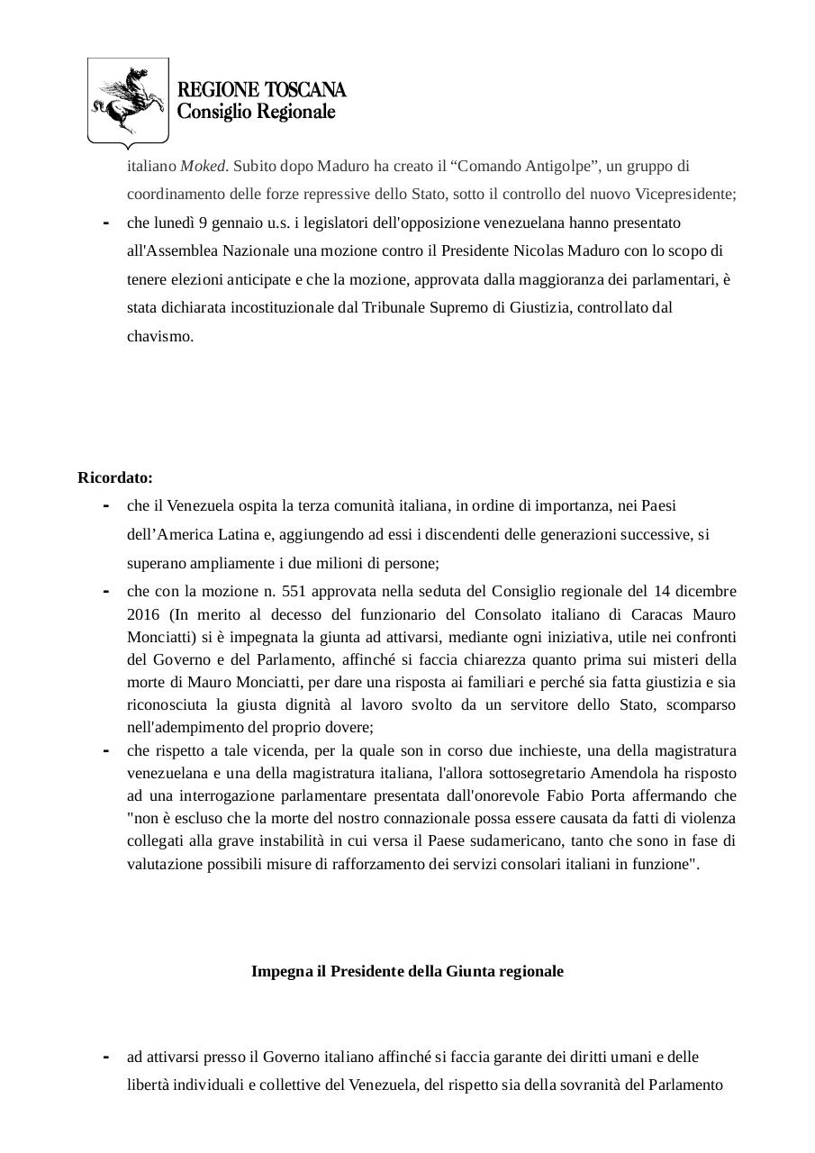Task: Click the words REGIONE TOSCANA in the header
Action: click(x=261, y=90)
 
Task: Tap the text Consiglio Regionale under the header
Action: click(x=256, y=112)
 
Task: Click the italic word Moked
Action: click(x=204, y=166)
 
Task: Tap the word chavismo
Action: click(x=159, y=337)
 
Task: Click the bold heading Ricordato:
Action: click(x=114, y=477)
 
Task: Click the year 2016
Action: click(x=142, y=614)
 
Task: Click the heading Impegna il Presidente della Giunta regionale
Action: click(x=407, y=971)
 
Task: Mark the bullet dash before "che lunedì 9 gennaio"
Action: click(x=106, y=223)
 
